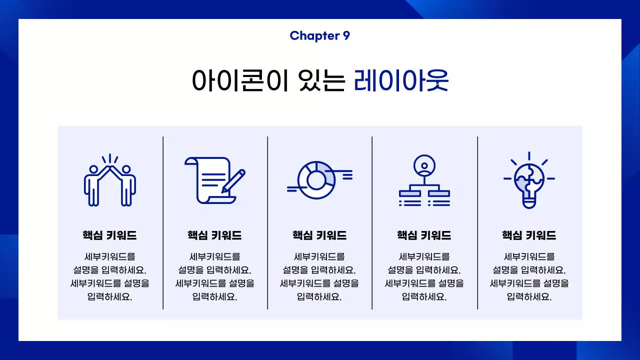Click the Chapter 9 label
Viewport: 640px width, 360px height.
(x=319, y=35)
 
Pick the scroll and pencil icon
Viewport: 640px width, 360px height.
(x=215, y=180)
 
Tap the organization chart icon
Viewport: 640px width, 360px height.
(x=424, y=181)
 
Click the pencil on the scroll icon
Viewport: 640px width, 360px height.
(x=233, y=181)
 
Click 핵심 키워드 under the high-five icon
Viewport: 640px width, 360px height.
(x=110, y=235)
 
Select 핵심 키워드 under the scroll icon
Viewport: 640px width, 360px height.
(x=214, y=235)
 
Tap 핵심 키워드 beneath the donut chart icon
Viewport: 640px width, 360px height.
(x=319, y=235)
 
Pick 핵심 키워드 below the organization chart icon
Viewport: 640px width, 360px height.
(x=424, y=235)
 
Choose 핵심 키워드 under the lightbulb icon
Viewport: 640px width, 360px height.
(x=529, y=235)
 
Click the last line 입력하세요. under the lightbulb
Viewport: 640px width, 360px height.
(x=529, y=296)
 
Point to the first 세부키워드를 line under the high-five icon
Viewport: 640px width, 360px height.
(x=110, y=257)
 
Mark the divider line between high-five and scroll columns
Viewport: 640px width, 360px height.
(x=163, y=222)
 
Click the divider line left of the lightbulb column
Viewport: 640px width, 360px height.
(x=477, y=222)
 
